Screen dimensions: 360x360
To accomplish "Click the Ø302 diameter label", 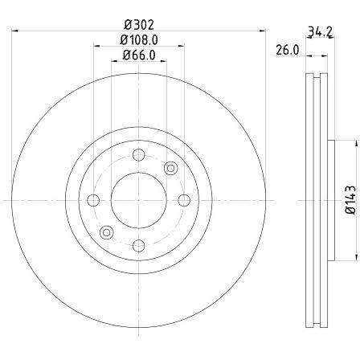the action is point(139,25).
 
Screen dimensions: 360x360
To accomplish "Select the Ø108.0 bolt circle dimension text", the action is point(139,40).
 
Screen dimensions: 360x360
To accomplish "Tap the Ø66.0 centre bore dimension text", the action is point(139,55).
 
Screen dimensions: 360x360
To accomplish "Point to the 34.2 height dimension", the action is point(321,31).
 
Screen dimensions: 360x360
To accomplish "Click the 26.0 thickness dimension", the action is point(287,50).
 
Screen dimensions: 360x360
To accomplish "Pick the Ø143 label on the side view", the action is point(351,200).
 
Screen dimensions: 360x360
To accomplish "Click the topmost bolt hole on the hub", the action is point(139,155).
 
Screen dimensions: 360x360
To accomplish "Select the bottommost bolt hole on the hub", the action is point(139,246).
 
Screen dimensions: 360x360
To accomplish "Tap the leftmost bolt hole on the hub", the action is point(93,200).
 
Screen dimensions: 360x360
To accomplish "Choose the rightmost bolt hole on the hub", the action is point(184,200).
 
